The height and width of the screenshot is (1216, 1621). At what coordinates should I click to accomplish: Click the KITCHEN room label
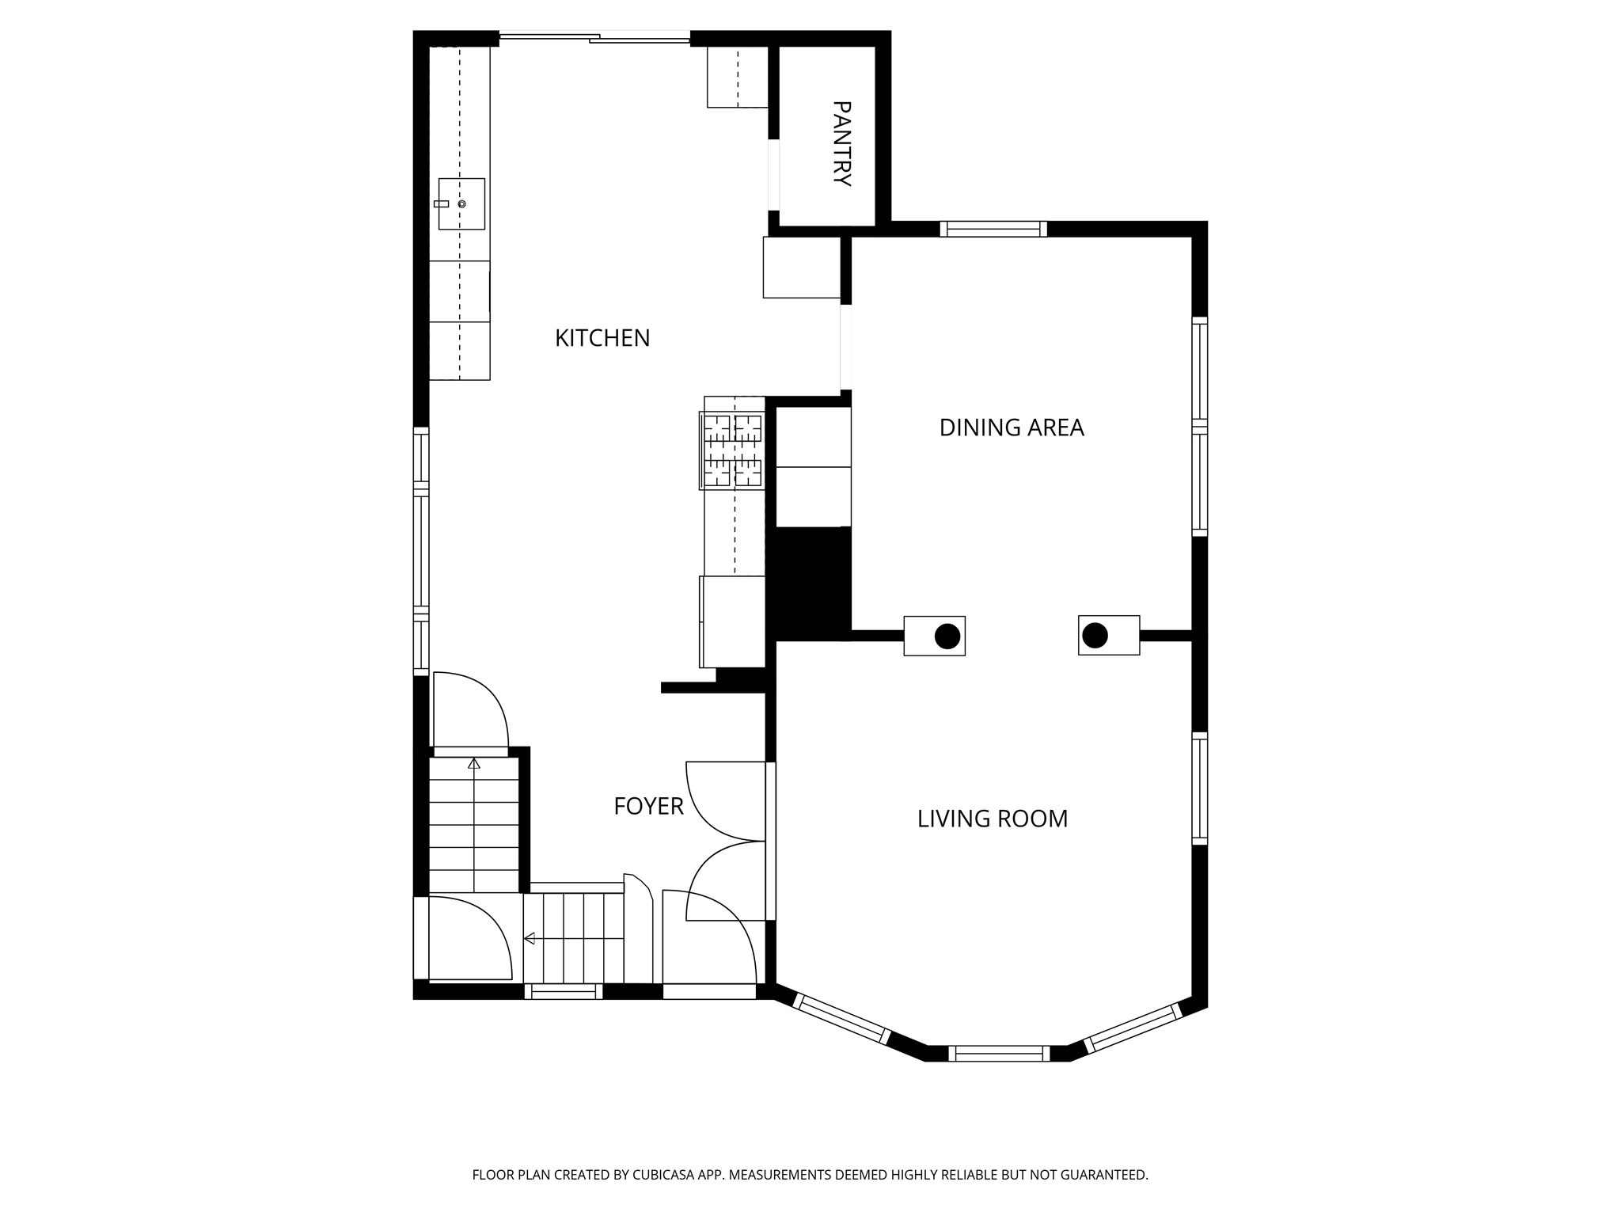[602, 338]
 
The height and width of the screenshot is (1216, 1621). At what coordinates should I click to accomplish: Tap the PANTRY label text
[842, 143]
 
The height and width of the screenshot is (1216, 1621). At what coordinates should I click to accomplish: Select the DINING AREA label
[1011, 427]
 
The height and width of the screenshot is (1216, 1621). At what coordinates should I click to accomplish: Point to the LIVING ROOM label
[992, 819]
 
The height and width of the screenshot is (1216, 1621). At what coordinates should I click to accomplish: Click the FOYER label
[648, 806]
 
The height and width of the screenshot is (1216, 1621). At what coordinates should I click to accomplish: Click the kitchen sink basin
[461, 203]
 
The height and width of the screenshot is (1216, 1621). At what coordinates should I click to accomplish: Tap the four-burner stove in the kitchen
[732, 450]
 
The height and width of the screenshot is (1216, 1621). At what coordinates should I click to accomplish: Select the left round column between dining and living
[947, 636]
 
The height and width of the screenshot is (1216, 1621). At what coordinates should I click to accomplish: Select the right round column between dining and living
[1095, 635]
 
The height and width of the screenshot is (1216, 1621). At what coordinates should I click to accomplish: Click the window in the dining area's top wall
[993, 229]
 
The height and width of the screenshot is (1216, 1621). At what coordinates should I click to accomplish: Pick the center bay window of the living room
[999, 1053]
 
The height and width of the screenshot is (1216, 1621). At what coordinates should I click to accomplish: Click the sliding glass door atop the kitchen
[594, 36]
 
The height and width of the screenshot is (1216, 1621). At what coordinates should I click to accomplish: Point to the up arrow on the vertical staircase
[474, 763]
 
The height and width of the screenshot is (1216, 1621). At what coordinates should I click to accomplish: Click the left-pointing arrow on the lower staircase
[530, 938]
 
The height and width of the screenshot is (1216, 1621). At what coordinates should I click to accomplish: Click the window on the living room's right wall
[1200, 788]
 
